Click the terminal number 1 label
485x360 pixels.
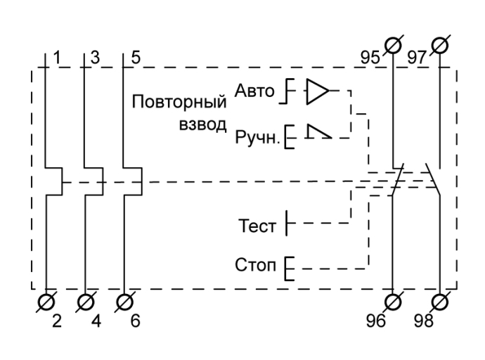pyautogui.click(x=59, y=57)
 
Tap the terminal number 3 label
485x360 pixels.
pyautogui.click(x=96, y=57)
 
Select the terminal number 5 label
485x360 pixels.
pyautogui.click(x=134, y=57)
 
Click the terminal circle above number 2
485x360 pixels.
pyautogui.click(x=46, y=300)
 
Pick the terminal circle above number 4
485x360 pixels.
pyautogui.click(x=86, y=300)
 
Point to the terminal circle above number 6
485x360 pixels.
pyautogui.click(x=124, y=300)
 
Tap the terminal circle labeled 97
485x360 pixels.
pyautogui.click(x=440, y=46)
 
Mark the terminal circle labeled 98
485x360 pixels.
pyautogui.click(x=440, y=300)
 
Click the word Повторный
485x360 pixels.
pyautogui.click(x=179, y=103)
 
